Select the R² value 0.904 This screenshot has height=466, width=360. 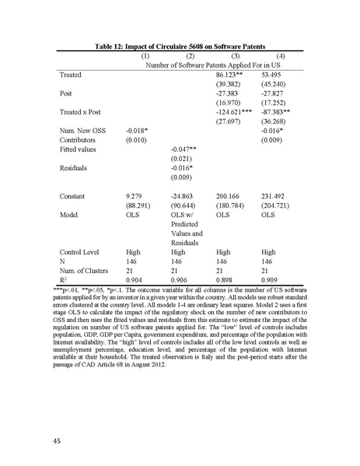136,285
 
